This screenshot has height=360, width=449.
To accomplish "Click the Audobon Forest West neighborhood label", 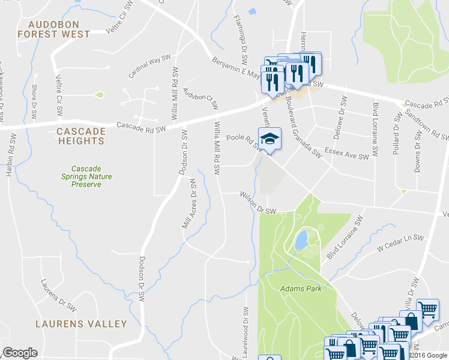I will point(53,29).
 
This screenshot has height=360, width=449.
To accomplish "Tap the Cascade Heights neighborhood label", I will point(81,136).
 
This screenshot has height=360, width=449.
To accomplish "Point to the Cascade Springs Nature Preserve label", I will point(85,176).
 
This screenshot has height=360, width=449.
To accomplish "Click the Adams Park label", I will point(301,289).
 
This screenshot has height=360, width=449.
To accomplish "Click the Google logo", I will point(20,353).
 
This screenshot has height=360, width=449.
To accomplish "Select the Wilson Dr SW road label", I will point(257,202).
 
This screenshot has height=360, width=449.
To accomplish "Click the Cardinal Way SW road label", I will point(150,67).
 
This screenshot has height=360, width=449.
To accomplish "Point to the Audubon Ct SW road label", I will point(200,98).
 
